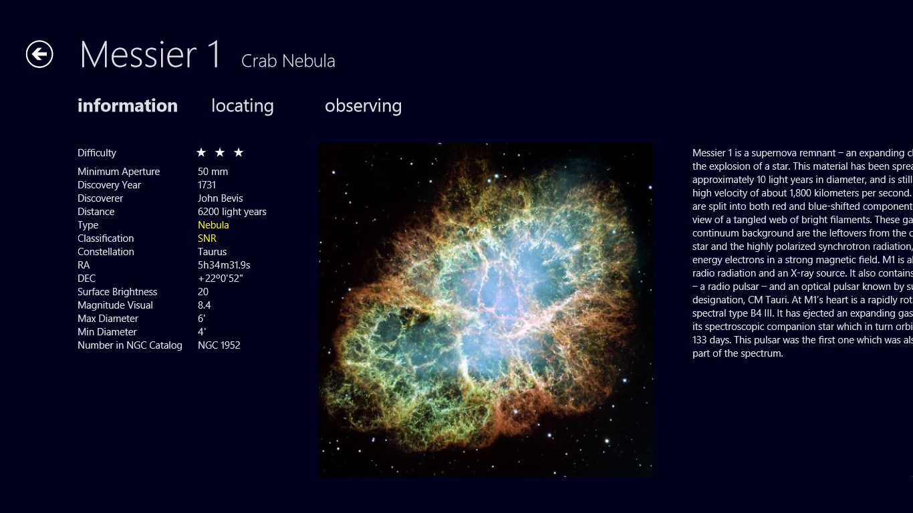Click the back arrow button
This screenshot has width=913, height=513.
click(x=39, y=54)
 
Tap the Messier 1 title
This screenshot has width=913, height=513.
click(x=150, y=54)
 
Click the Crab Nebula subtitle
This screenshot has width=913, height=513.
click(x=288, y=61)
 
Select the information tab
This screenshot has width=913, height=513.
click(x=128, y=106)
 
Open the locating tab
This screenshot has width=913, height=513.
click(x=243, y=106)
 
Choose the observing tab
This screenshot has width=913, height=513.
click(x=363, y=106)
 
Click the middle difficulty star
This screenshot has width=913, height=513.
click(x=220, y=152)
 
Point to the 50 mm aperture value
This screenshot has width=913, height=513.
click(x=213, y=172)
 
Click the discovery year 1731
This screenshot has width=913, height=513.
click(x=207, y=185)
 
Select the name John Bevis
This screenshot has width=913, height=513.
click(x=220, y=198)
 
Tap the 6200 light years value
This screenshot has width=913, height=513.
click(x=232, y=212)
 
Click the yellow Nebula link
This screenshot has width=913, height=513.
click(x=213, y=225)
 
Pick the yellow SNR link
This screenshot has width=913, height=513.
click(x=207, y=238)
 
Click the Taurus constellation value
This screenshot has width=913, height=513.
click(x=212, y=252)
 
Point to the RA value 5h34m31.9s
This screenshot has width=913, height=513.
click(x=224, y=265)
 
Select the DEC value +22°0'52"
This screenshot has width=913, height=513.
click(x=220, y=279)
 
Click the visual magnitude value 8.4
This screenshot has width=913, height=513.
click(x=205, y=305)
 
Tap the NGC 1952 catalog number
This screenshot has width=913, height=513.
click(x=219, y=345)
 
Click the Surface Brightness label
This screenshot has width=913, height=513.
click(x=118, y=292)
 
